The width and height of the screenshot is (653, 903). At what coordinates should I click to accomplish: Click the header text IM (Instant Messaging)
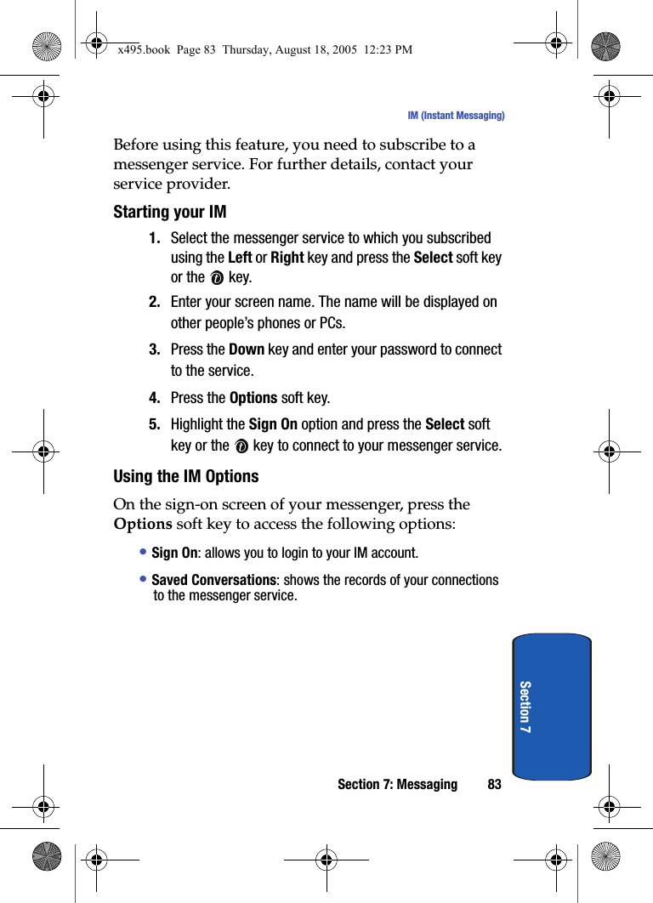(456, 116)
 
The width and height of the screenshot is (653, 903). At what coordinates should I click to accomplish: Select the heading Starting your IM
(170, 212)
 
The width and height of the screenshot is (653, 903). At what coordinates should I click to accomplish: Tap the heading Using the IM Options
(186, 476)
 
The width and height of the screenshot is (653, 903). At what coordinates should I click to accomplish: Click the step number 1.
(155, 238)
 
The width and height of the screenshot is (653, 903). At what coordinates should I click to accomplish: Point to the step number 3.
(155, 349)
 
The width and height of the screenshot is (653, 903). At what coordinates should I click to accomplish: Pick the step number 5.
(155, 424)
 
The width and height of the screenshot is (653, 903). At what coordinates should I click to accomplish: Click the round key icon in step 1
(217, 278)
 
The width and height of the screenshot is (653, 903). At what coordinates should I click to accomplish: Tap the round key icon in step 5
(241, 446)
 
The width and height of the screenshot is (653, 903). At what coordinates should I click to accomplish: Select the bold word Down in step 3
(247, 349)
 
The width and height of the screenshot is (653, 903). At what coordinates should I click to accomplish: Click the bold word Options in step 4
(253, 398)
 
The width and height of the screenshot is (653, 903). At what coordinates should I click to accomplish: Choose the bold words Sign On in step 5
(273, 424)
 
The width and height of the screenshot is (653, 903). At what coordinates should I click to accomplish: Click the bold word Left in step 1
(241, 258)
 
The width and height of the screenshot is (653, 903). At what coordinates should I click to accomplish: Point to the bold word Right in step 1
(287, 258)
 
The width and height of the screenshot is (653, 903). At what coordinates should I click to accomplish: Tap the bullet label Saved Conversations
(213, 580)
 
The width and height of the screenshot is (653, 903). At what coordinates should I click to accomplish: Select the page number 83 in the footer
(494, 784)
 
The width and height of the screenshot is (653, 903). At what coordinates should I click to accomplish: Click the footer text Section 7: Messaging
(397, 784)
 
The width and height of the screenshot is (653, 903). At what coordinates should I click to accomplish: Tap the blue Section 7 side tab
(552, 707)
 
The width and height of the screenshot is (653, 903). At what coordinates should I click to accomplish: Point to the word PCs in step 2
(332, 323)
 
